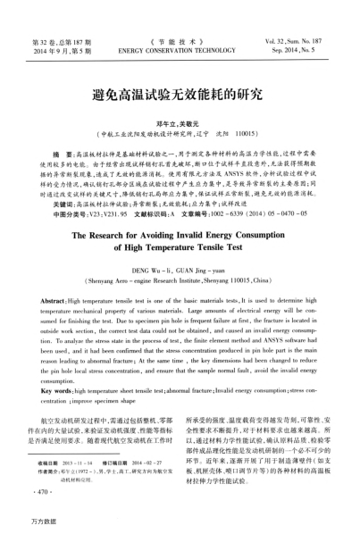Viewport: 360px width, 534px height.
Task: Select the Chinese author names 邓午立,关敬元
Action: coord(180,118)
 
